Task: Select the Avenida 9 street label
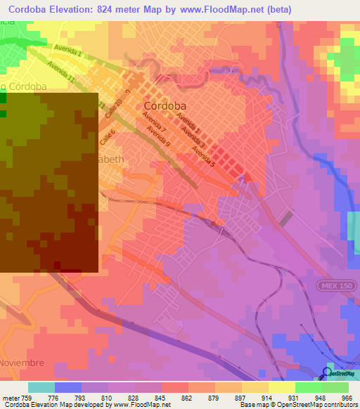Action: (x=158, y=134)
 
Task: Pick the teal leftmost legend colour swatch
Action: (x=41, y=387)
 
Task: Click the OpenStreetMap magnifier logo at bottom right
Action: (x=327, y=372)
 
